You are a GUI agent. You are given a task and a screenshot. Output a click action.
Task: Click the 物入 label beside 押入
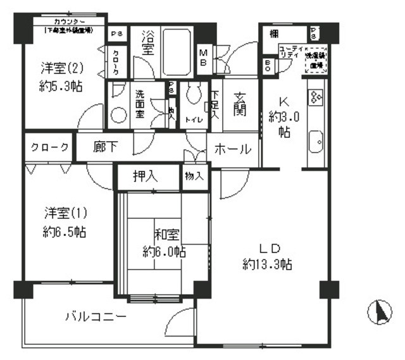pyautogui.click(x=194, y=177)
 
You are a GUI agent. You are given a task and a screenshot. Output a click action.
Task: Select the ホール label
pyautogui.click(x=233, y=150)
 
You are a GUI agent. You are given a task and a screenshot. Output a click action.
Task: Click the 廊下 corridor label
pyautogui.click(x=106, y=147)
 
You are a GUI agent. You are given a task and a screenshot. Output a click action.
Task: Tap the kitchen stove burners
pyautogui.click(x=316, y=96)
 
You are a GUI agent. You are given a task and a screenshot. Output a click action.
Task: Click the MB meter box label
pyautogui.click(x=205, y=56)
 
